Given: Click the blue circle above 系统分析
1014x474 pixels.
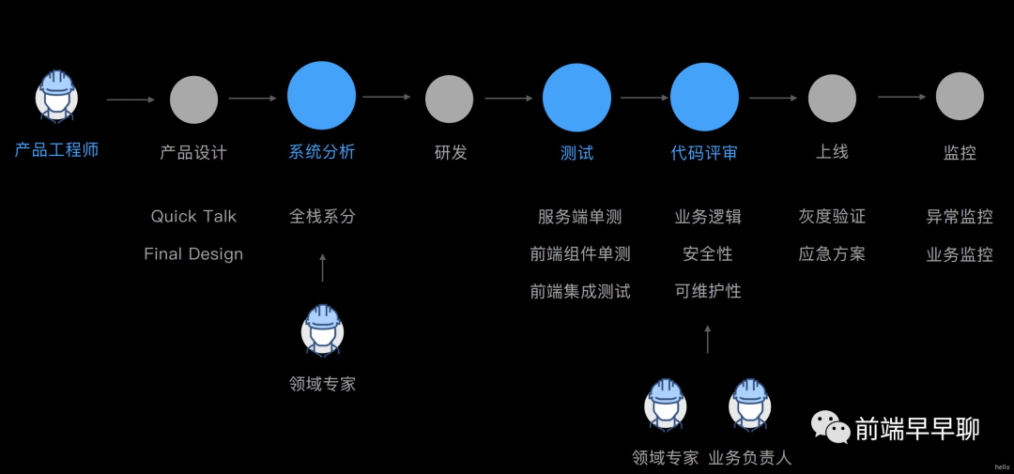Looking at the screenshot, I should point(321,96).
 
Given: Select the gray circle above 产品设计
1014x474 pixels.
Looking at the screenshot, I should point(193,99).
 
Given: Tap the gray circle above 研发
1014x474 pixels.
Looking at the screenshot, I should point(449,99).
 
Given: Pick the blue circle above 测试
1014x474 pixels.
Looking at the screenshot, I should point(576,96).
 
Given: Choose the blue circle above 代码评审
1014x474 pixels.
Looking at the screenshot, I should point(704,96).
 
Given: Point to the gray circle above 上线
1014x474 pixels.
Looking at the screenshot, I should point(832,98).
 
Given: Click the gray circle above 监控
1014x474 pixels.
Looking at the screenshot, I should point(960,96).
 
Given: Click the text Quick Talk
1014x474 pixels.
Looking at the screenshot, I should point(193,216).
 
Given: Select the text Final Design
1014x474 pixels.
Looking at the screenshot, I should point(193,253).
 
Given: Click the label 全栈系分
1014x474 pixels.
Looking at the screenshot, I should point(322,216).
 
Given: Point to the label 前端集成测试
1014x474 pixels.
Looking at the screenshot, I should point(580,291).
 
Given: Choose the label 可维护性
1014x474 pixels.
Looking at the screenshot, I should point(708,291).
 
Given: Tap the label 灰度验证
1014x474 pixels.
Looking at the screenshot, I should point(832,216).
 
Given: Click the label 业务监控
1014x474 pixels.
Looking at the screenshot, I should point(960,253).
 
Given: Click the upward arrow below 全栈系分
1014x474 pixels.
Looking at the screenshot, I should point(322,268).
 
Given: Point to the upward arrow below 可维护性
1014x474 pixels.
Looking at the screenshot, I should point(708,339).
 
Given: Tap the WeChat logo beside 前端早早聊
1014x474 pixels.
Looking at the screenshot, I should point(831,427).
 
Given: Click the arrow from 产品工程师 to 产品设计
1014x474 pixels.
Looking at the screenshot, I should point(131,99).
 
